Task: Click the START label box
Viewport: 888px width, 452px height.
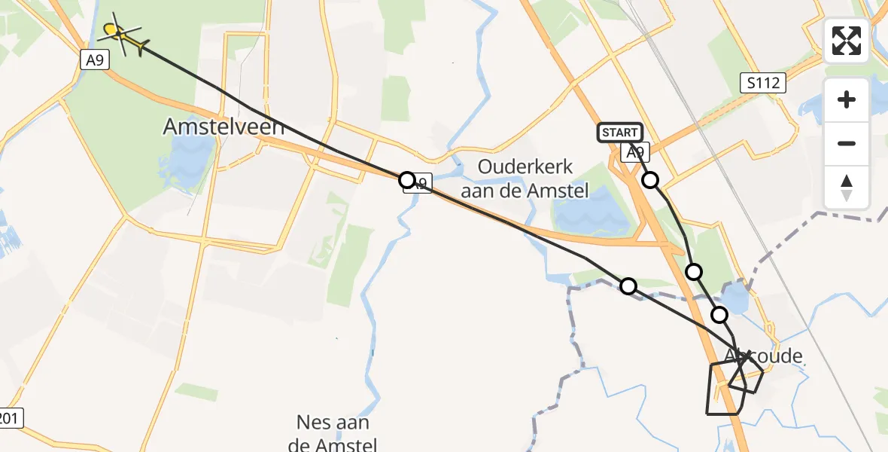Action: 620,133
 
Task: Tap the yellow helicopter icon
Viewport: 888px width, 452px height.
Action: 120,35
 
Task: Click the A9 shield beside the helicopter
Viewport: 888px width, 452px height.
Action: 94,60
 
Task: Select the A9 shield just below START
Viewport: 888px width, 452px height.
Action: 636,154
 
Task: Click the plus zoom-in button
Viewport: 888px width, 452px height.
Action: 847,99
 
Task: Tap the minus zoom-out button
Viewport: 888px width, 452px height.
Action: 847,143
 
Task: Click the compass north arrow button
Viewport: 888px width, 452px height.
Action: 847,187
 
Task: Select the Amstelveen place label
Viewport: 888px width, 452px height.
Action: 224,127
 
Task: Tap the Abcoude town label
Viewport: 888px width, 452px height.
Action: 763,356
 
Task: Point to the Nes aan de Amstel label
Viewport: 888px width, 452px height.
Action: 332,432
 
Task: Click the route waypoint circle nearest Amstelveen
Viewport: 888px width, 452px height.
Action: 406,179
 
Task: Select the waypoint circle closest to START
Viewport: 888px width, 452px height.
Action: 650,180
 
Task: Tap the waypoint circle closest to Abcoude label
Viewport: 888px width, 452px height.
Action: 720,315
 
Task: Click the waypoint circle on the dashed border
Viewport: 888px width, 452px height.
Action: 628,286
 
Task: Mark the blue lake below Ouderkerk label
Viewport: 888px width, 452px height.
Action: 595,211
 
